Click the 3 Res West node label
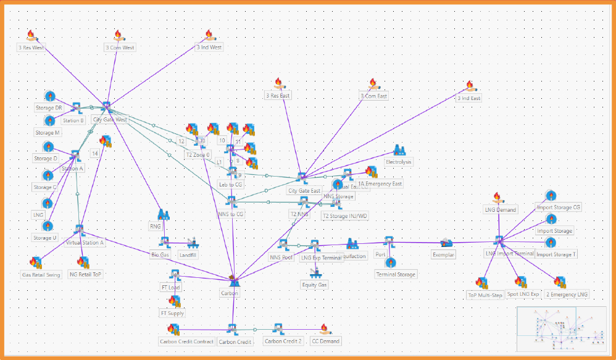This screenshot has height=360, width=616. (30, 48)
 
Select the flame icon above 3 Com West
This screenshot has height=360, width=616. (119, 36)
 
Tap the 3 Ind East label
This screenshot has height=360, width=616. (468, 98)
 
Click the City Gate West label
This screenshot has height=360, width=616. (109, 119)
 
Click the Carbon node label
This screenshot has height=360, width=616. (229, 293)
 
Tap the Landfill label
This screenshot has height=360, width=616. (188, 254)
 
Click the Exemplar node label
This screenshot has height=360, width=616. (444, 254)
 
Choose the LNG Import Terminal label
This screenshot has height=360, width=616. (509, 254)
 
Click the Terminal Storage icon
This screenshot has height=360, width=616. (390, 262)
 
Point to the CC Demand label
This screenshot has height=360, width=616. (325, 341)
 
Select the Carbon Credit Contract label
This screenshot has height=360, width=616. (187, 341)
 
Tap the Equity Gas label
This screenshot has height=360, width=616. (314, 285)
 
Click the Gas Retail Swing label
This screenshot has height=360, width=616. (41, 275)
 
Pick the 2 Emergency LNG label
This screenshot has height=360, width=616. (567, 295)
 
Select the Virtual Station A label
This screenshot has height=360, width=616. (85, 243)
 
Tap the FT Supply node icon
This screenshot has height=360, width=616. (174, 301)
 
